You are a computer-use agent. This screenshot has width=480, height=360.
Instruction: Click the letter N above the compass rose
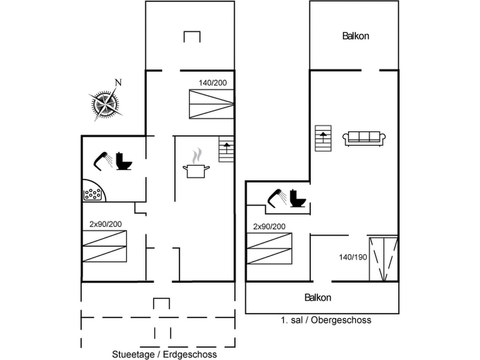118,82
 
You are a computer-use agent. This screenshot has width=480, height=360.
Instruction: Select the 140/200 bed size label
213,83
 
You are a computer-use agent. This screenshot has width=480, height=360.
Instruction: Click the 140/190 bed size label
353,257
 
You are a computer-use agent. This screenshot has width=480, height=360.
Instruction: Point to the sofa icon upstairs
364,139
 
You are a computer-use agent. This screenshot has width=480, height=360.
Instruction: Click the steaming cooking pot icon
196,163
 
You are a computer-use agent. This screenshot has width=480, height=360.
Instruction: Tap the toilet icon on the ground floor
124,161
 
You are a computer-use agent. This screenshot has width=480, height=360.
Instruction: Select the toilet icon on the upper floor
298,199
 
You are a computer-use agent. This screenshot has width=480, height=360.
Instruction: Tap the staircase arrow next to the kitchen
226,148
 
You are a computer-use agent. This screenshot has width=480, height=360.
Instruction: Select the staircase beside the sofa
323,138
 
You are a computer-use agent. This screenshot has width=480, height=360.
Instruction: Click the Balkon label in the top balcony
355,36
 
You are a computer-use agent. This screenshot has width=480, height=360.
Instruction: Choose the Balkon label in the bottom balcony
318,298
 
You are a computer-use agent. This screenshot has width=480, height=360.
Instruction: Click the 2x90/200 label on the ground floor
106,224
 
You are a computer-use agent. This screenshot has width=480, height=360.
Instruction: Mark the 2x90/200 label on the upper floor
269,227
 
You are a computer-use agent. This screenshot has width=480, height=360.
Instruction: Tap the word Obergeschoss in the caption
341,320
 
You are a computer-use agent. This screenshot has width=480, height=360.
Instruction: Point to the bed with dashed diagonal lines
383,259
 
